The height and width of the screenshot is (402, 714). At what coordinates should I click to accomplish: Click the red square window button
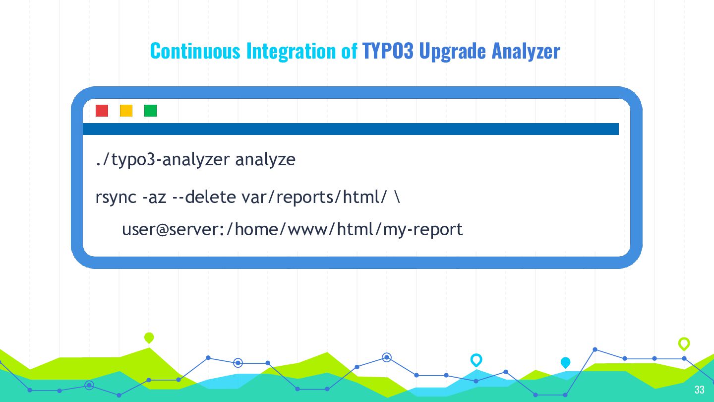[x=102, y=111]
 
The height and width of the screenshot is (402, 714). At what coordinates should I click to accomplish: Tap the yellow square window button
[x=126, y=111]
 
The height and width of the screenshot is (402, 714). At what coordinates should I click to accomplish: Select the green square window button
[x=150, y=111]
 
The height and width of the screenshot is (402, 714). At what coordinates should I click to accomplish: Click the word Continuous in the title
[x=195, y=51]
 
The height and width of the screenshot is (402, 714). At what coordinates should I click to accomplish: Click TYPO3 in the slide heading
[x=388, y=51]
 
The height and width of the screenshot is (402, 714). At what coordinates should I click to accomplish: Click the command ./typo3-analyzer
[x=163, y=159]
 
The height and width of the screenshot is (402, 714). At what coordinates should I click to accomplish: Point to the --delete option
[x=204, y=197]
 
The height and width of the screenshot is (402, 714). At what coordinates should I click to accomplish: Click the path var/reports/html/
[x=314, y=197]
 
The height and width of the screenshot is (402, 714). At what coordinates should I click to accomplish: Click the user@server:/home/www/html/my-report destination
[x=293, y=230]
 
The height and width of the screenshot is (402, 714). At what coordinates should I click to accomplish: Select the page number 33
[x=700, y=390]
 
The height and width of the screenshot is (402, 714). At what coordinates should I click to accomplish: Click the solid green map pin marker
[x=149, y=337]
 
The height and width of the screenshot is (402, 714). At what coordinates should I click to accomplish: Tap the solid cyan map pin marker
[x=565, y=362]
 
